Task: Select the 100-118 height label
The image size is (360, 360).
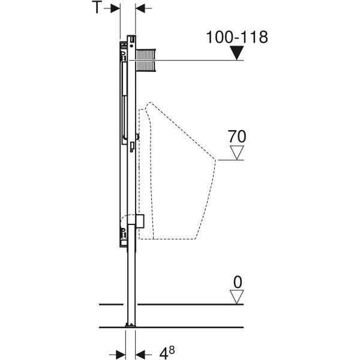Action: point(237,37)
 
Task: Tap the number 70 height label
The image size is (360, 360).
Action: point(237,136)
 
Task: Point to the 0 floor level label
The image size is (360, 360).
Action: point(238,282)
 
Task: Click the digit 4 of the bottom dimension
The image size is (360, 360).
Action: point(164,354)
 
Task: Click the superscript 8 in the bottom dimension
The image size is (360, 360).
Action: point(172,350)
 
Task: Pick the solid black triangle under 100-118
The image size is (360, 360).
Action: point(237,53)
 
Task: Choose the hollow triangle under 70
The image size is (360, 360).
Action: point(237,152)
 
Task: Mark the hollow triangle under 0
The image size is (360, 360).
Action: point(237,297)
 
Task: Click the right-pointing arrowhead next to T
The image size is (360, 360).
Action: point(115,8)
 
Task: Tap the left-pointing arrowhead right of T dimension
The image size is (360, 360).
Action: point(140,8)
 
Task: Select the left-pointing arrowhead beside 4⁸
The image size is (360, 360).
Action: point(140,355)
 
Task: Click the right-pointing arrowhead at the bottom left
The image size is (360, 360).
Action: point(121,355)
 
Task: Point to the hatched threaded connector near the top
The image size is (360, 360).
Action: point(146,60)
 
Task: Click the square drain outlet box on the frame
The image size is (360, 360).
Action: point(140,221)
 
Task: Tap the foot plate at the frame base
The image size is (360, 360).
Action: point(130,325)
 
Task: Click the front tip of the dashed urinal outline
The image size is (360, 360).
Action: point(215,160)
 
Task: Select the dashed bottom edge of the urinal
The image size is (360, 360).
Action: point(167,239)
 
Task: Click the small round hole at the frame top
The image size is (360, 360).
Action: point(131,46)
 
